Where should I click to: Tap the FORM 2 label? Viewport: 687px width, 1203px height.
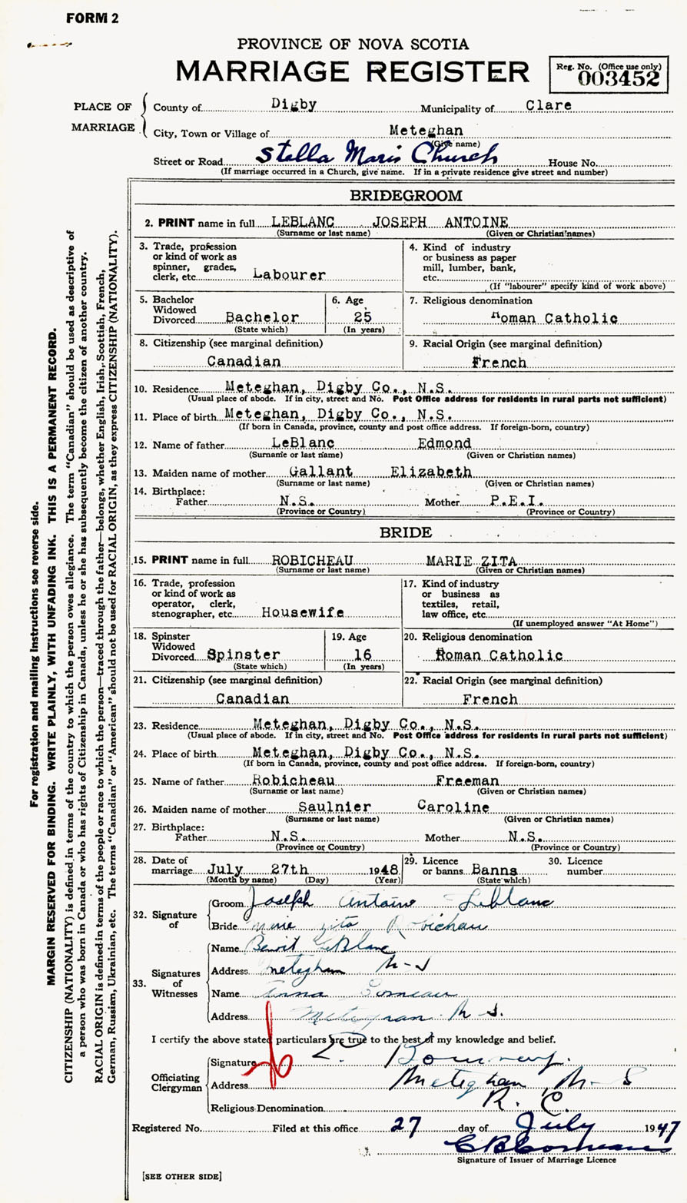pyautogui.click(x=92, y=18)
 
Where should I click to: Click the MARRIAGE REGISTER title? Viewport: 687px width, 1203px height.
pyautogui.click(x=352, y=71)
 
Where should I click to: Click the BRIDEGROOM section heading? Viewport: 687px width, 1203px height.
pyautogui.click(x=407, y=196)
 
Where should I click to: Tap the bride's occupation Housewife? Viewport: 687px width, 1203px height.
pyautogui.click(x=302, y=612)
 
